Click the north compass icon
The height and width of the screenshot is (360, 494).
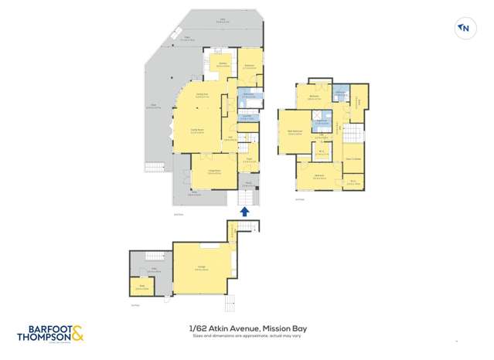pyautogui.click(x=464, y=29)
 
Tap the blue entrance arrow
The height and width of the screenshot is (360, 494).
pyautogui.click(x=245, y=210)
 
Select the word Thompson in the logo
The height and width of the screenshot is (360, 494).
pyautogui.click(x=43, y=337)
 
